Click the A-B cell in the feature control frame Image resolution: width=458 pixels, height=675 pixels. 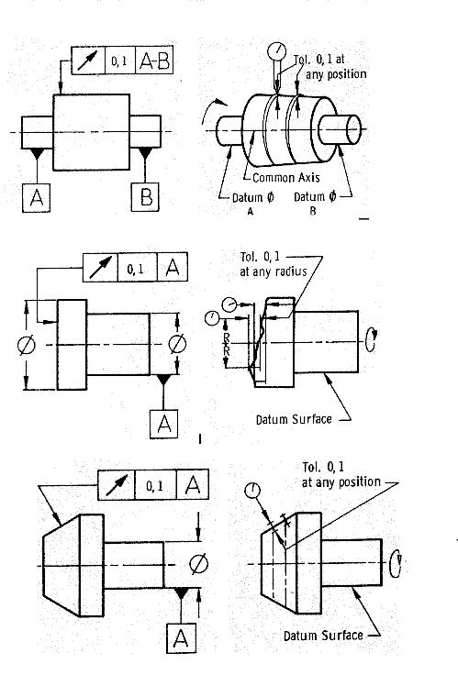point(154,61)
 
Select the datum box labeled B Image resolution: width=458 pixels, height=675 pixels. point(145,197)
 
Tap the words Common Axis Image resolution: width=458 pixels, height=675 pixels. point(286,177)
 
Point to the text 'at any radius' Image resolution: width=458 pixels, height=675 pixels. point(274,271)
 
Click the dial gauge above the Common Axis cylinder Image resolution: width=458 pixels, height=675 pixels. point(276,51)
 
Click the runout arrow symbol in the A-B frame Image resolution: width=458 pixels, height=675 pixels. point(88,61)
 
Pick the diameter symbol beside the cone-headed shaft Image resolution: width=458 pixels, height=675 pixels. point(198,564)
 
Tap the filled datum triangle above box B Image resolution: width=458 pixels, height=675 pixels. point(145,152)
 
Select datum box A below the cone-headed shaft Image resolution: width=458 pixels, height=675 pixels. point(182,638)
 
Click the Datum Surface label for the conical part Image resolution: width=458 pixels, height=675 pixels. point(323,636)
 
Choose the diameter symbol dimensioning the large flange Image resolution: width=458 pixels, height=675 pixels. point(27,345)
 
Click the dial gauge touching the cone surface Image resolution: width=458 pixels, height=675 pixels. point(252,490)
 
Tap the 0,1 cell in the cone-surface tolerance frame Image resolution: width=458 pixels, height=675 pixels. point(155,485)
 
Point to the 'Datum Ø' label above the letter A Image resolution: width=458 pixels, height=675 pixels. point(253,197)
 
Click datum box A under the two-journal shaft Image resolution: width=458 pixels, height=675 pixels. point(36,197)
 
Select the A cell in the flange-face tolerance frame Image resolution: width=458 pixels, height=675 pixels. point(173,267)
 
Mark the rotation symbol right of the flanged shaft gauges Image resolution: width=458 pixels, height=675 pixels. point(372,340)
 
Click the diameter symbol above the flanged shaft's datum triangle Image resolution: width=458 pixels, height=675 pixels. point(176,344)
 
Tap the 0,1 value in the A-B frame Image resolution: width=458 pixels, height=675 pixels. point(119,61)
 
